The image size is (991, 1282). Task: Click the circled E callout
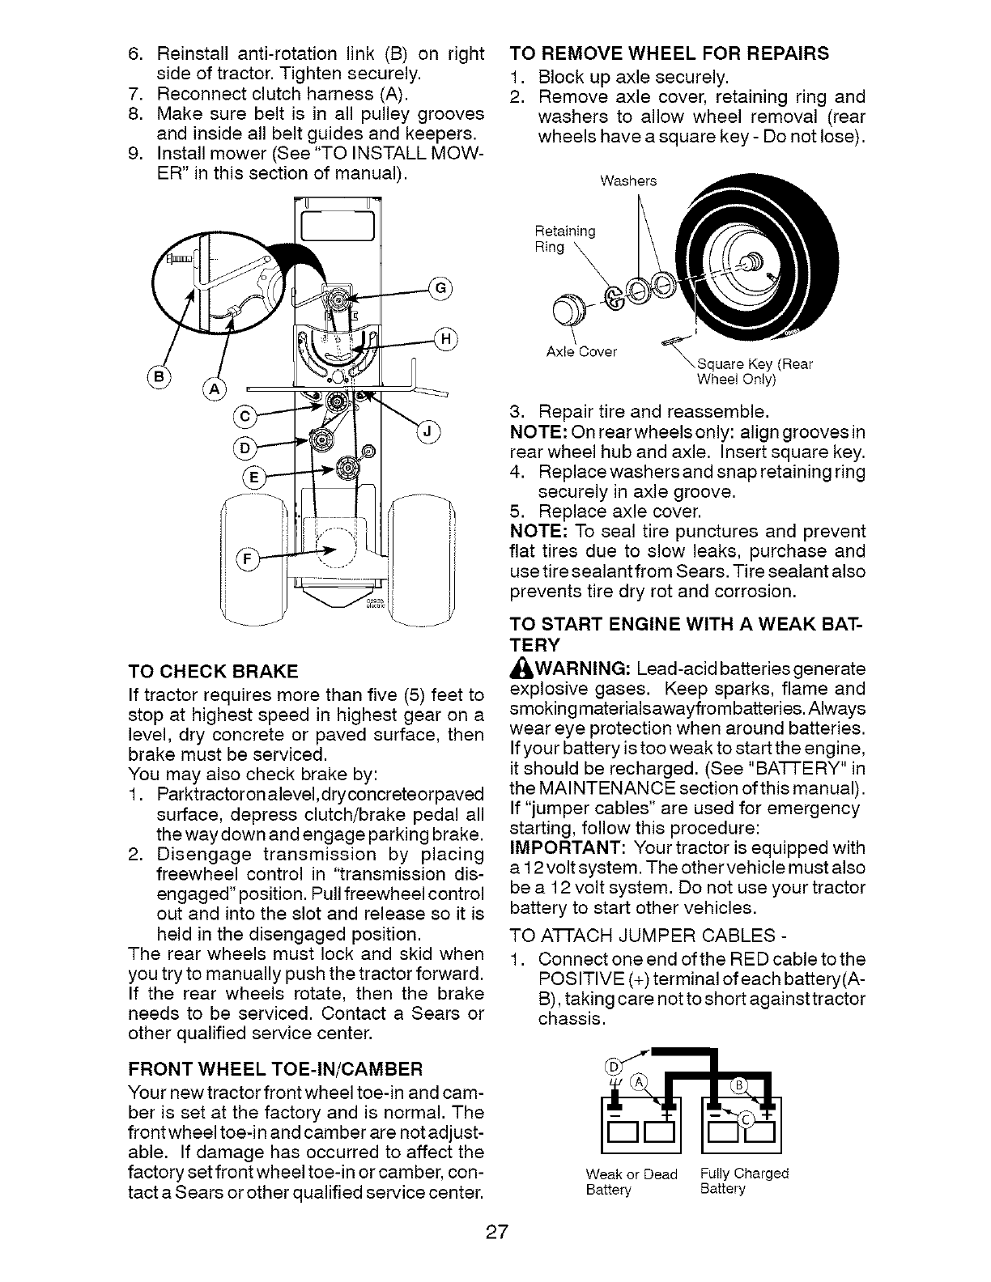[253, 478]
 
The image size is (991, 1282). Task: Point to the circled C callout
[243, 417]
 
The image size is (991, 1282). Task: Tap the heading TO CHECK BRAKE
[213, 672]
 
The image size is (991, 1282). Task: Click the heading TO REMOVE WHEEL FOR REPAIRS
[670, 53]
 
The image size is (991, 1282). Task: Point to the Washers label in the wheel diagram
[628, 180]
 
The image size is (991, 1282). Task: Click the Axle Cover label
[581, 352]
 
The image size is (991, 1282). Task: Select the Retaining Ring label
[565, 239]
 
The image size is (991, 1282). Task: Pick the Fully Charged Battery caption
[743, 1181]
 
